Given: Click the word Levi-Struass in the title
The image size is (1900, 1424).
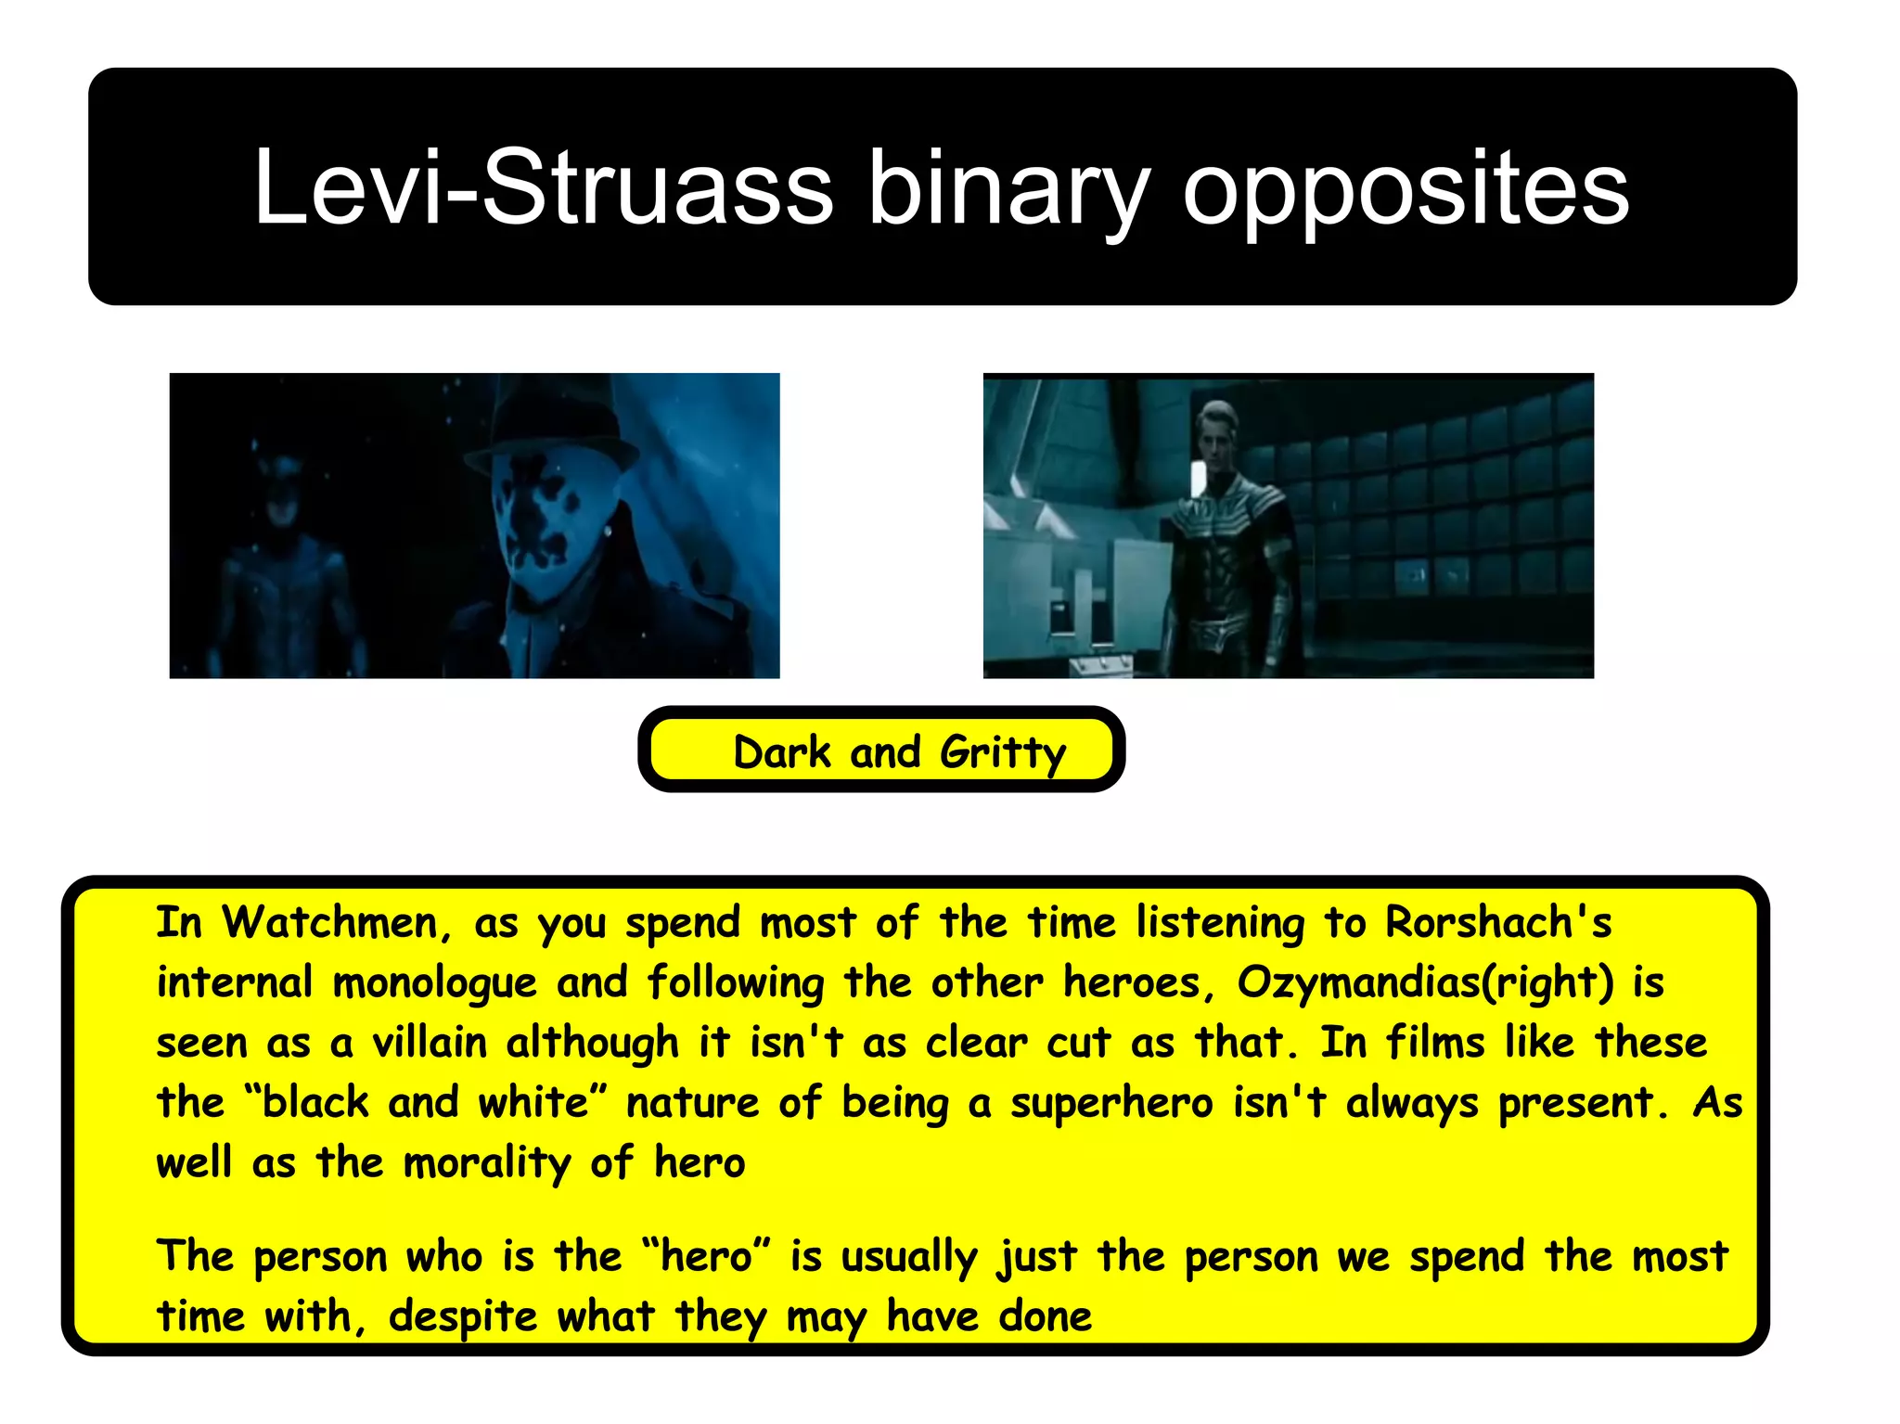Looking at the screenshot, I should click(x=543, y=188).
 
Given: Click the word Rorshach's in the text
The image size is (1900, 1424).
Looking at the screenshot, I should click(x=1497, y=923).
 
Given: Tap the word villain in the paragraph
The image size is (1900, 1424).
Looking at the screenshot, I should click(x=430, y=1043).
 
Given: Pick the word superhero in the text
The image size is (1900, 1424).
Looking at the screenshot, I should click(x=1111, y=1103).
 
